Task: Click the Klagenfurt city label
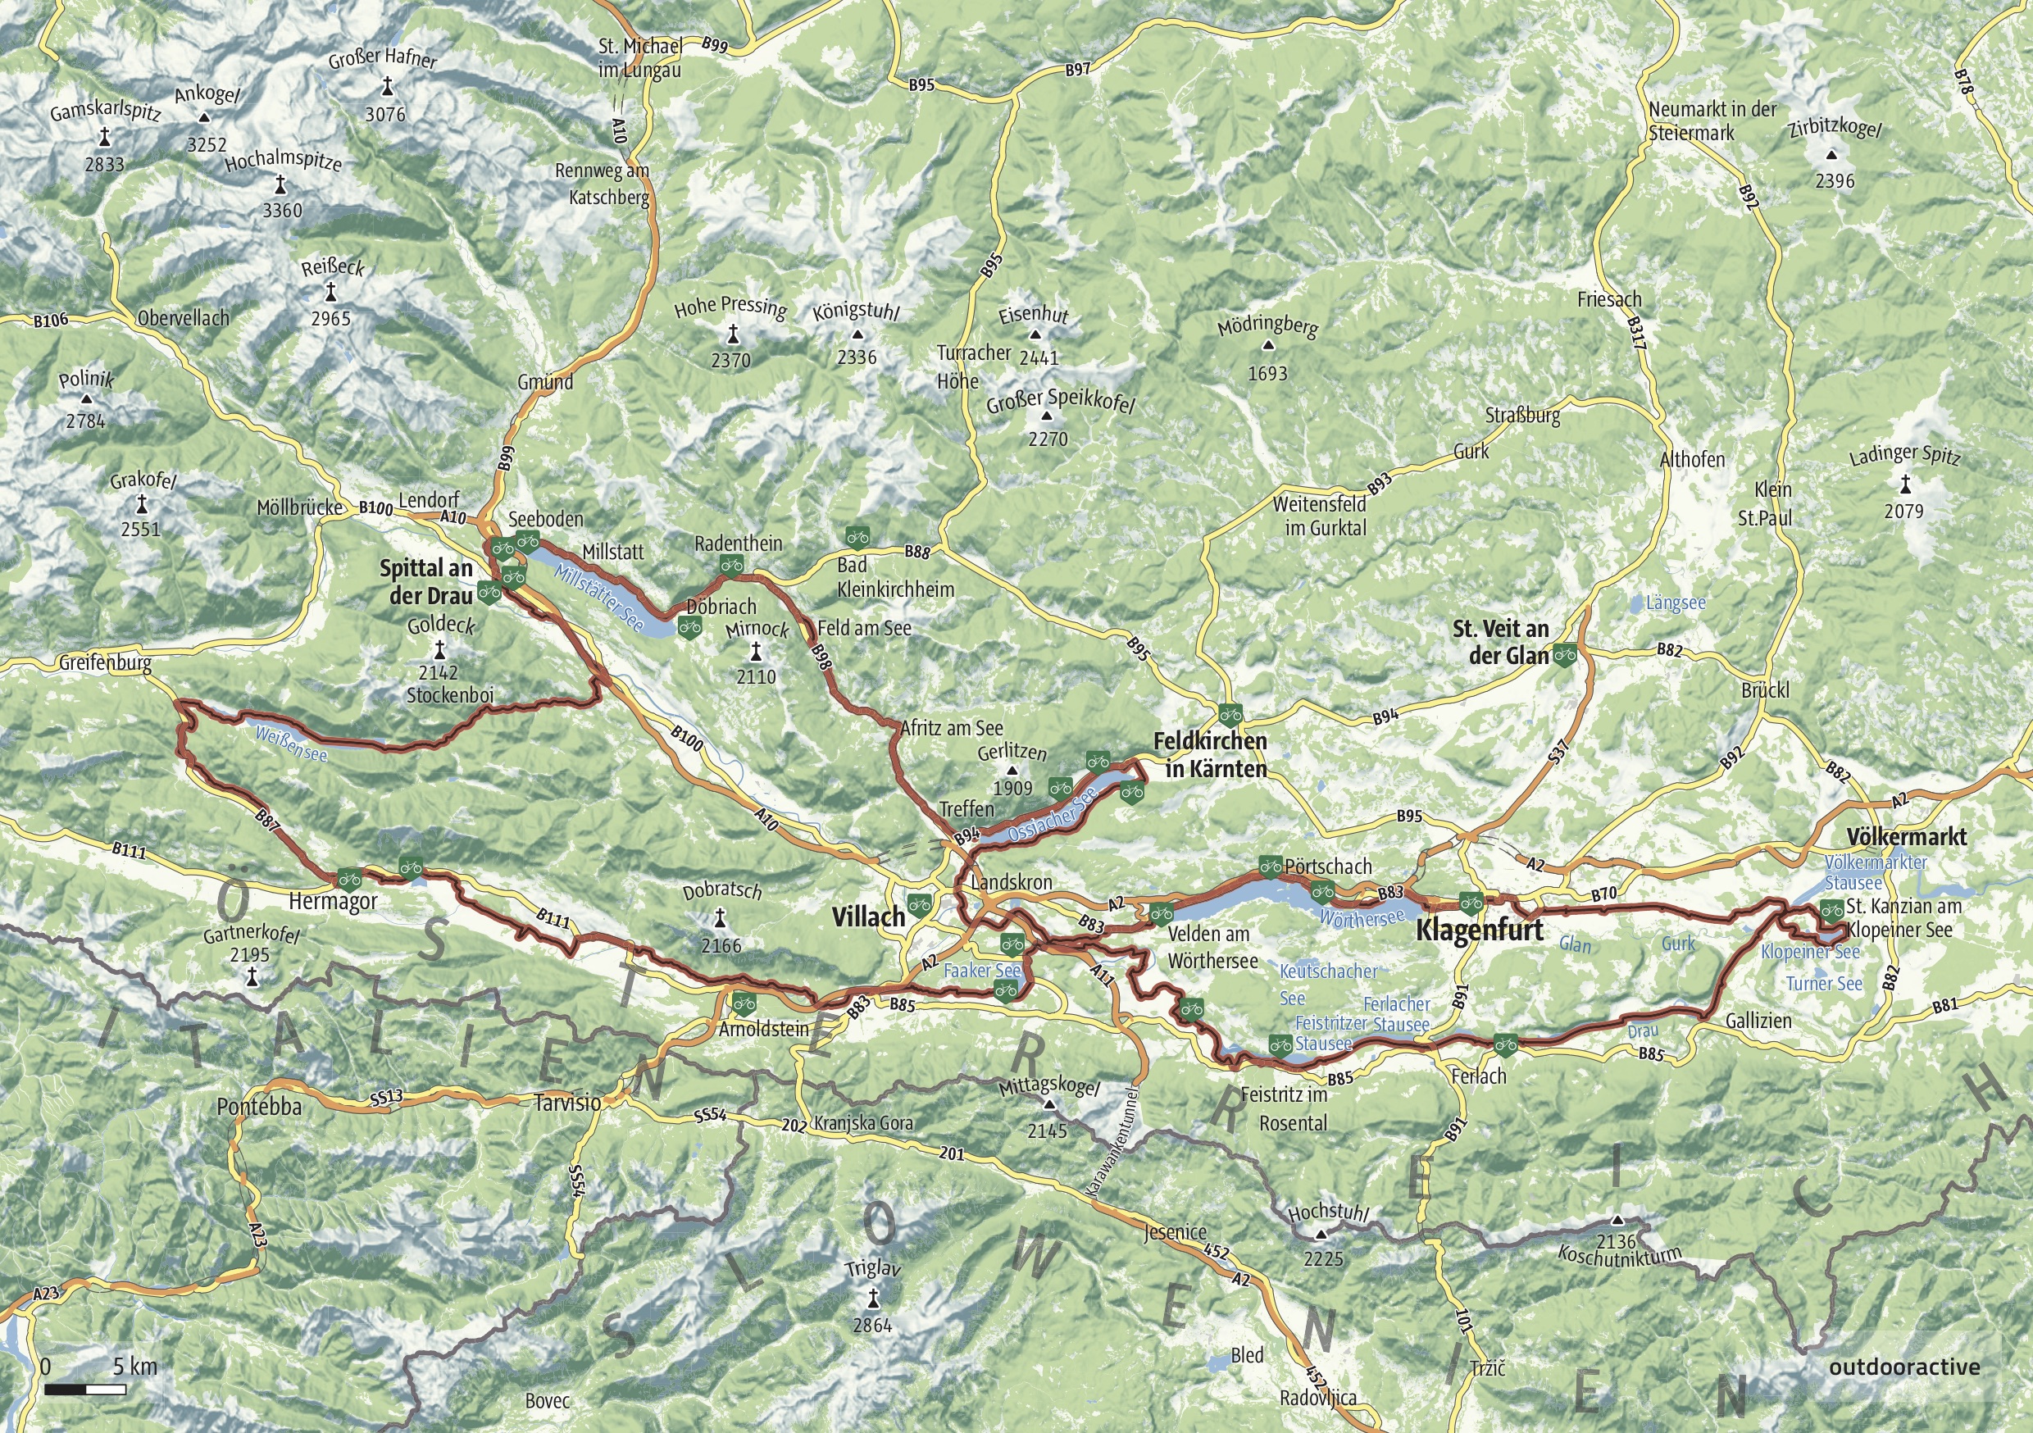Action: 1480,930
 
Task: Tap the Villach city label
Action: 868,917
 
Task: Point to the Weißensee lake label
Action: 290,744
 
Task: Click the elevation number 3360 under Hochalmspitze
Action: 281,211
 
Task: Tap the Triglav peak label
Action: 872,1269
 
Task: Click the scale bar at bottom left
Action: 85,1390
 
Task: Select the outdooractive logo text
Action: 1903,1367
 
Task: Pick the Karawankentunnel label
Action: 1113,1143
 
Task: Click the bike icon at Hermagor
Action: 349,879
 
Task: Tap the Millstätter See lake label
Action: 599,598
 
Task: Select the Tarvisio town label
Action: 566,1103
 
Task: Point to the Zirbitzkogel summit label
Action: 1835,130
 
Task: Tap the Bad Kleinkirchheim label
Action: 894,577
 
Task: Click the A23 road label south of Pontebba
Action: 257,1236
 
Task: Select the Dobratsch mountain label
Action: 721,891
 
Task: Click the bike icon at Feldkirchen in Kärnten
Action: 1229,713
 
